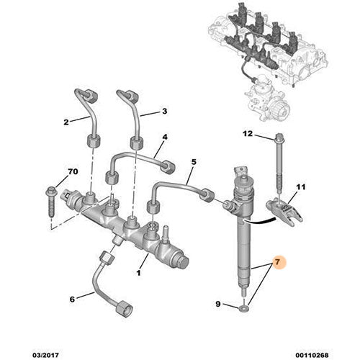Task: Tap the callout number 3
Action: [164, 112]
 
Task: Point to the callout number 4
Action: [165, 137]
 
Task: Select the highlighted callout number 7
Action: [276, 264]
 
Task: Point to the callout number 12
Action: [248, 134]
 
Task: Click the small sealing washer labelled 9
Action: [246, 309]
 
